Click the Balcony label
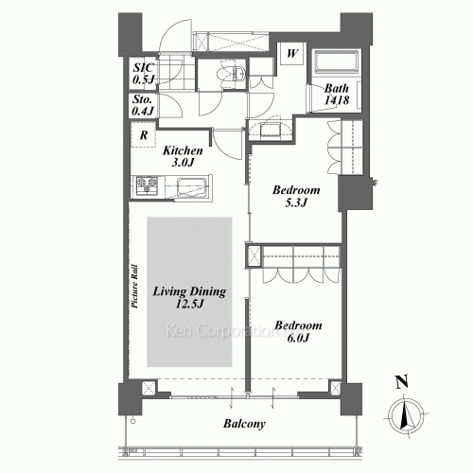click(x=244, y=424)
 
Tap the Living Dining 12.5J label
click(x=189, y=297)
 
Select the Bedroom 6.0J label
click(x=298, y=331)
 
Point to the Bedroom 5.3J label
click(x=296, y=196)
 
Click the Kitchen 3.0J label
click(x=183, y=156)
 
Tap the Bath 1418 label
click(x=337, y=94)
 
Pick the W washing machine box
click(x=292, y=53)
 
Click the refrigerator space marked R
click(x=144, y=134)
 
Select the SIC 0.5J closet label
click(x=144, y=74)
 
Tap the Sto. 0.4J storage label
click(x=143, y=105)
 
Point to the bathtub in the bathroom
click(x=336, y=61)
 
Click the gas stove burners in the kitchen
click(x=147, y=185)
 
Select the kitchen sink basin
click(x=191, y=188)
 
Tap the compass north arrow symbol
click(x=406, y=416)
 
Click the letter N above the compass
click(x=402, y=382)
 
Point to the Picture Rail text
click(x=134, y=286)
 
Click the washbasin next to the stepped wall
click(x=270, y=130)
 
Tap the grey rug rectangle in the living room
click(x=189, y=292)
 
